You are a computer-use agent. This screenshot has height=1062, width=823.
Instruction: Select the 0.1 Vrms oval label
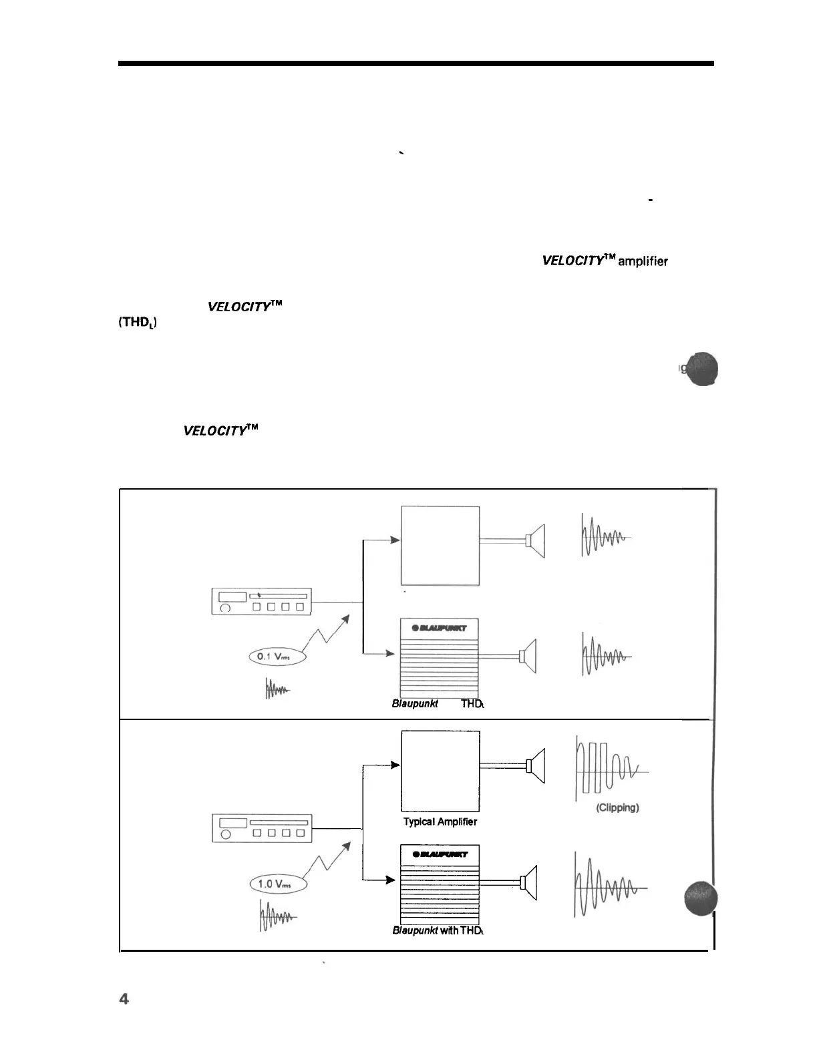click(277, 657)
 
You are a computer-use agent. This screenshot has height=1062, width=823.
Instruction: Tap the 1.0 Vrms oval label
click(277, 884)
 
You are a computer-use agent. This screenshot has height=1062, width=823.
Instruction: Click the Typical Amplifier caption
click(440, 822)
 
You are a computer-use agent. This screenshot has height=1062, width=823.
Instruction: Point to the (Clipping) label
click(617, 808)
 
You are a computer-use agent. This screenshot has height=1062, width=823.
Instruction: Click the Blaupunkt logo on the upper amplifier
click(440, 627)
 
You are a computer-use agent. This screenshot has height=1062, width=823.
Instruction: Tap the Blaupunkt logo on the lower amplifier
click(440, 854)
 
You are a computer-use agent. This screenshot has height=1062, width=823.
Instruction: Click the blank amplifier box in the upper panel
click(440, 546)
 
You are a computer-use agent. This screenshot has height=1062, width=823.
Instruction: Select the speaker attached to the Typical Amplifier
click(536, 765)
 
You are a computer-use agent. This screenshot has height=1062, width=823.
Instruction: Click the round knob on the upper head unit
click(226, 608)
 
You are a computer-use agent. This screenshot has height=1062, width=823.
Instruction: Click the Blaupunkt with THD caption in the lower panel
click(438, 930)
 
